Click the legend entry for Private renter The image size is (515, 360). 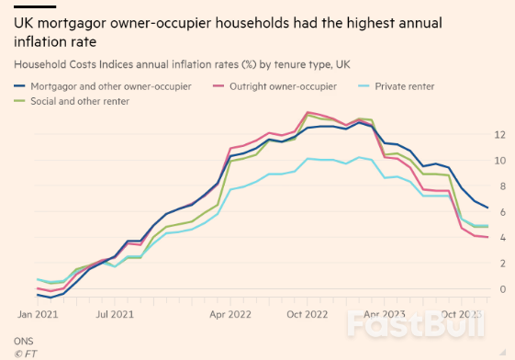click(402, 85)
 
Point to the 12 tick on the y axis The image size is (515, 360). click(500, 134)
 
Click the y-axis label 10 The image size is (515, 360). click(500, 160)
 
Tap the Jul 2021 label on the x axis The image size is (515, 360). click(114, 314)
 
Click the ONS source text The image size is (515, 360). click(22, 340)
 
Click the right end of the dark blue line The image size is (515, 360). click(487, 208)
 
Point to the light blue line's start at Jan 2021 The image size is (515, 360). click(37, 278)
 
